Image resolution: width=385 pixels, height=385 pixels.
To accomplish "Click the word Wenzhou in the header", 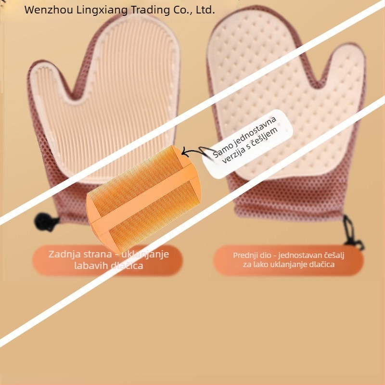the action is tap(49, 10).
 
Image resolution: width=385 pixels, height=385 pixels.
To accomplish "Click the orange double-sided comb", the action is tap(143, 198).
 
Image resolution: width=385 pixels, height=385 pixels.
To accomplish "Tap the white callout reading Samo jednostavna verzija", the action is tap(247, 143).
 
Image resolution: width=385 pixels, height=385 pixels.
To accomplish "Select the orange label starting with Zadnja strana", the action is tap(107, 260).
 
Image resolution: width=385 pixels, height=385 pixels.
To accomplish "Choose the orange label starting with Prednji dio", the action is tap(288, 260).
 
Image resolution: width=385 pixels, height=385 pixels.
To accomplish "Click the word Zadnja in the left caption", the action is tap(64, 254).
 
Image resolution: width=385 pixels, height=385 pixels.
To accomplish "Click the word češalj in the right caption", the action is tap(334, 256).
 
